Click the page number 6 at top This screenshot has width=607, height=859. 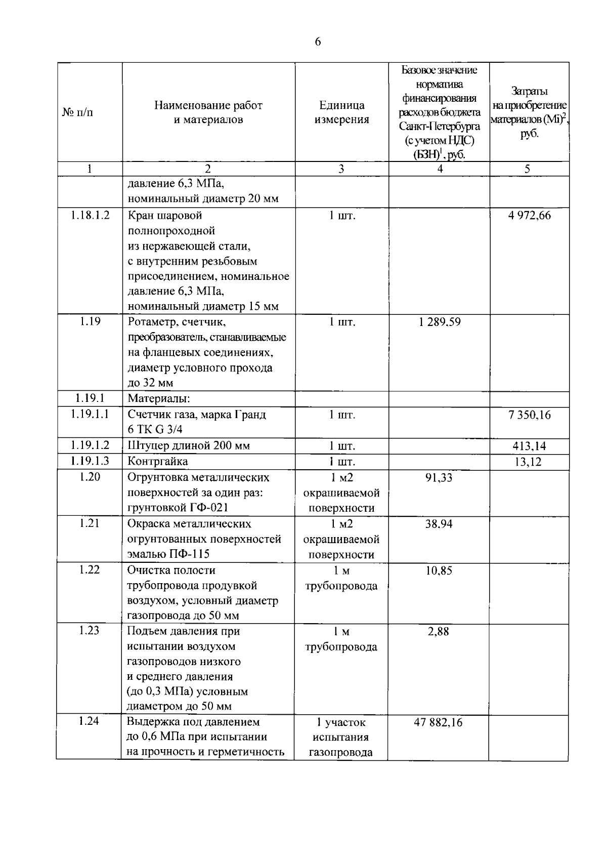click(x=318, y=42)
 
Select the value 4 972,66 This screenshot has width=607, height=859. click(x=530, y=216)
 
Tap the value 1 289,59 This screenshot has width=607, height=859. click(x=440, y=322)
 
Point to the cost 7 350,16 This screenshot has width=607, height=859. click(x=530, y=415)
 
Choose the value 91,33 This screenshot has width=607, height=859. click(x=439, y=477)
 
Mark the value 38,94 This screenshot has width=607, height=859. click(x=439, y=524)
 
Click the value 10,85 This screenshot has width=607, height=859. click(x=439, y=570)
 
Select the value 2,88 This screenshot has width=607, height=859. click(x=439, y=631)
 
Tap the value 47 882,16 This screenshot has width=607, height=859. click(x=438, y=722)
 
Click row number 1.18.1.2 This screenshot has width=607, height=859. click(x=90, y=215)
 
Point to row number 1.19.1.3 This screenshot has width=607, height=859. click(x=90, y=461)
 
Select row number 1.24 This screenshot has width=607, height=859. click(x=89, y=721)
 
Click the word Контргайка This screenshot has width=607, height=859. click(x=157, y=462)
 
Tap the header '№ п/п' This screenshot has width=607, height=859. click(x=78, y=112)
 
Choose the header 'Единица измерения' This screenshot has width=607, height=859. click(x=342, y=112)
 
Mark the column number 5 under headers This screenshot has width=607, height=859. click(x=527, y=169)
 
